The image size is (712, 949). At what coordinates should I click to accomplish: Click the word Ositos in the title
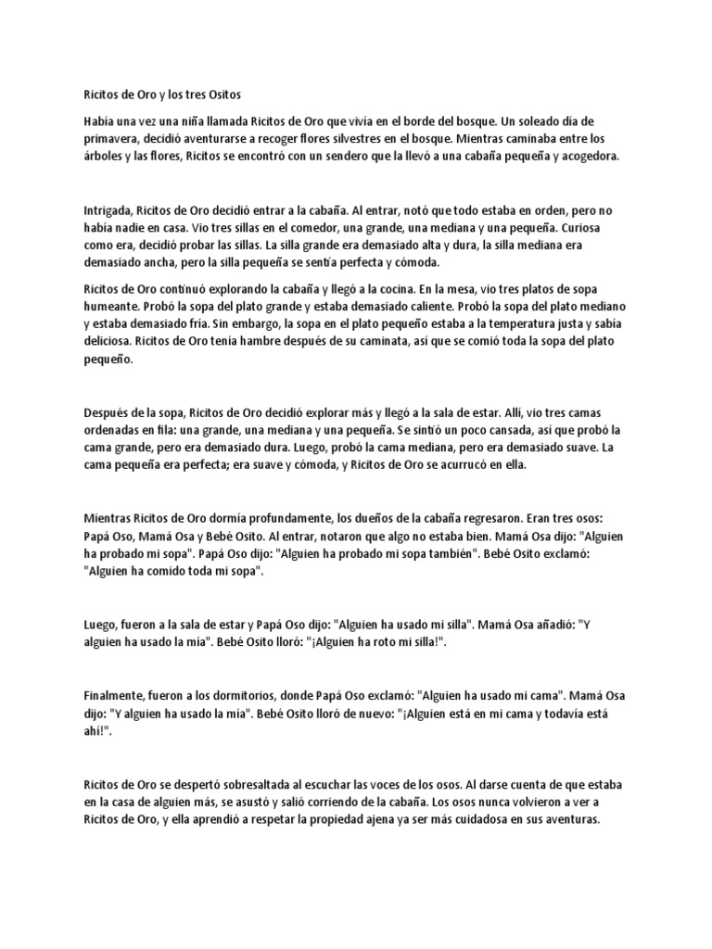220,94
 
